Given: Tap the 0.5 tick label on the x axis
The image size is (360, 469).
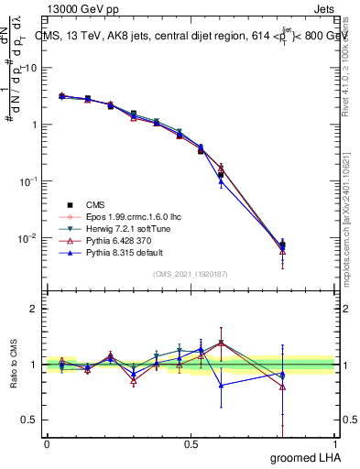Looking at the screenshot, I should tap(191, 443).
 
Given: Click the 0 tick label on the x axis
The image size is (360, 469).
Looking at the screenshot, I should tap(47, 443).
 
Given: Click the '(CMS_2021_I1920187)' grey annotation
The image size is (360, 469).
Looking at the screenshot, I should tap(191, 274).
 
